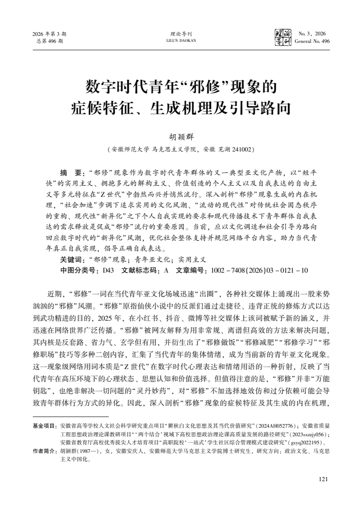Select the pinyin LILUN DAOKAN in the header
tap(181, 41)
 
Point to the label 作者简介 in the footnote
tap(45, 449)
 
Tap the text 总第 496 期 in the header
tap(49, 41)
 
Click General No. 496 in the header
tap(312, 41)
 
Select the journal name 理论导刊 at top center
tap(181, 34)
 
